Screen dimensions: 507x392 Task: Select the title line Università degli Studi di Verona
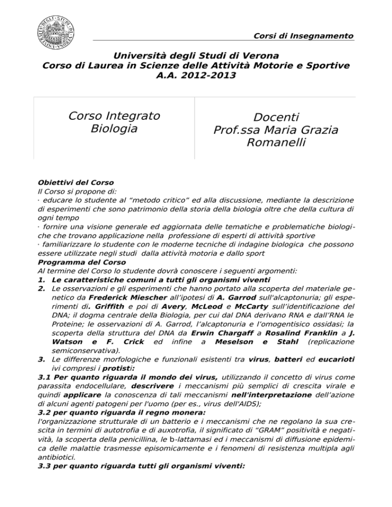(196, 55)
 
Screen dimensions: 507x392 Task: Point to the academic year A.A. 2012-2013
(196, 76)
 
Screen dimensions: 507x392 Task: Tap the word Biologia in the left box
(114, 129)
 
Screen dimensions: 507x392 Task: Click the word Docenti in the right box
(276, 117)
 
